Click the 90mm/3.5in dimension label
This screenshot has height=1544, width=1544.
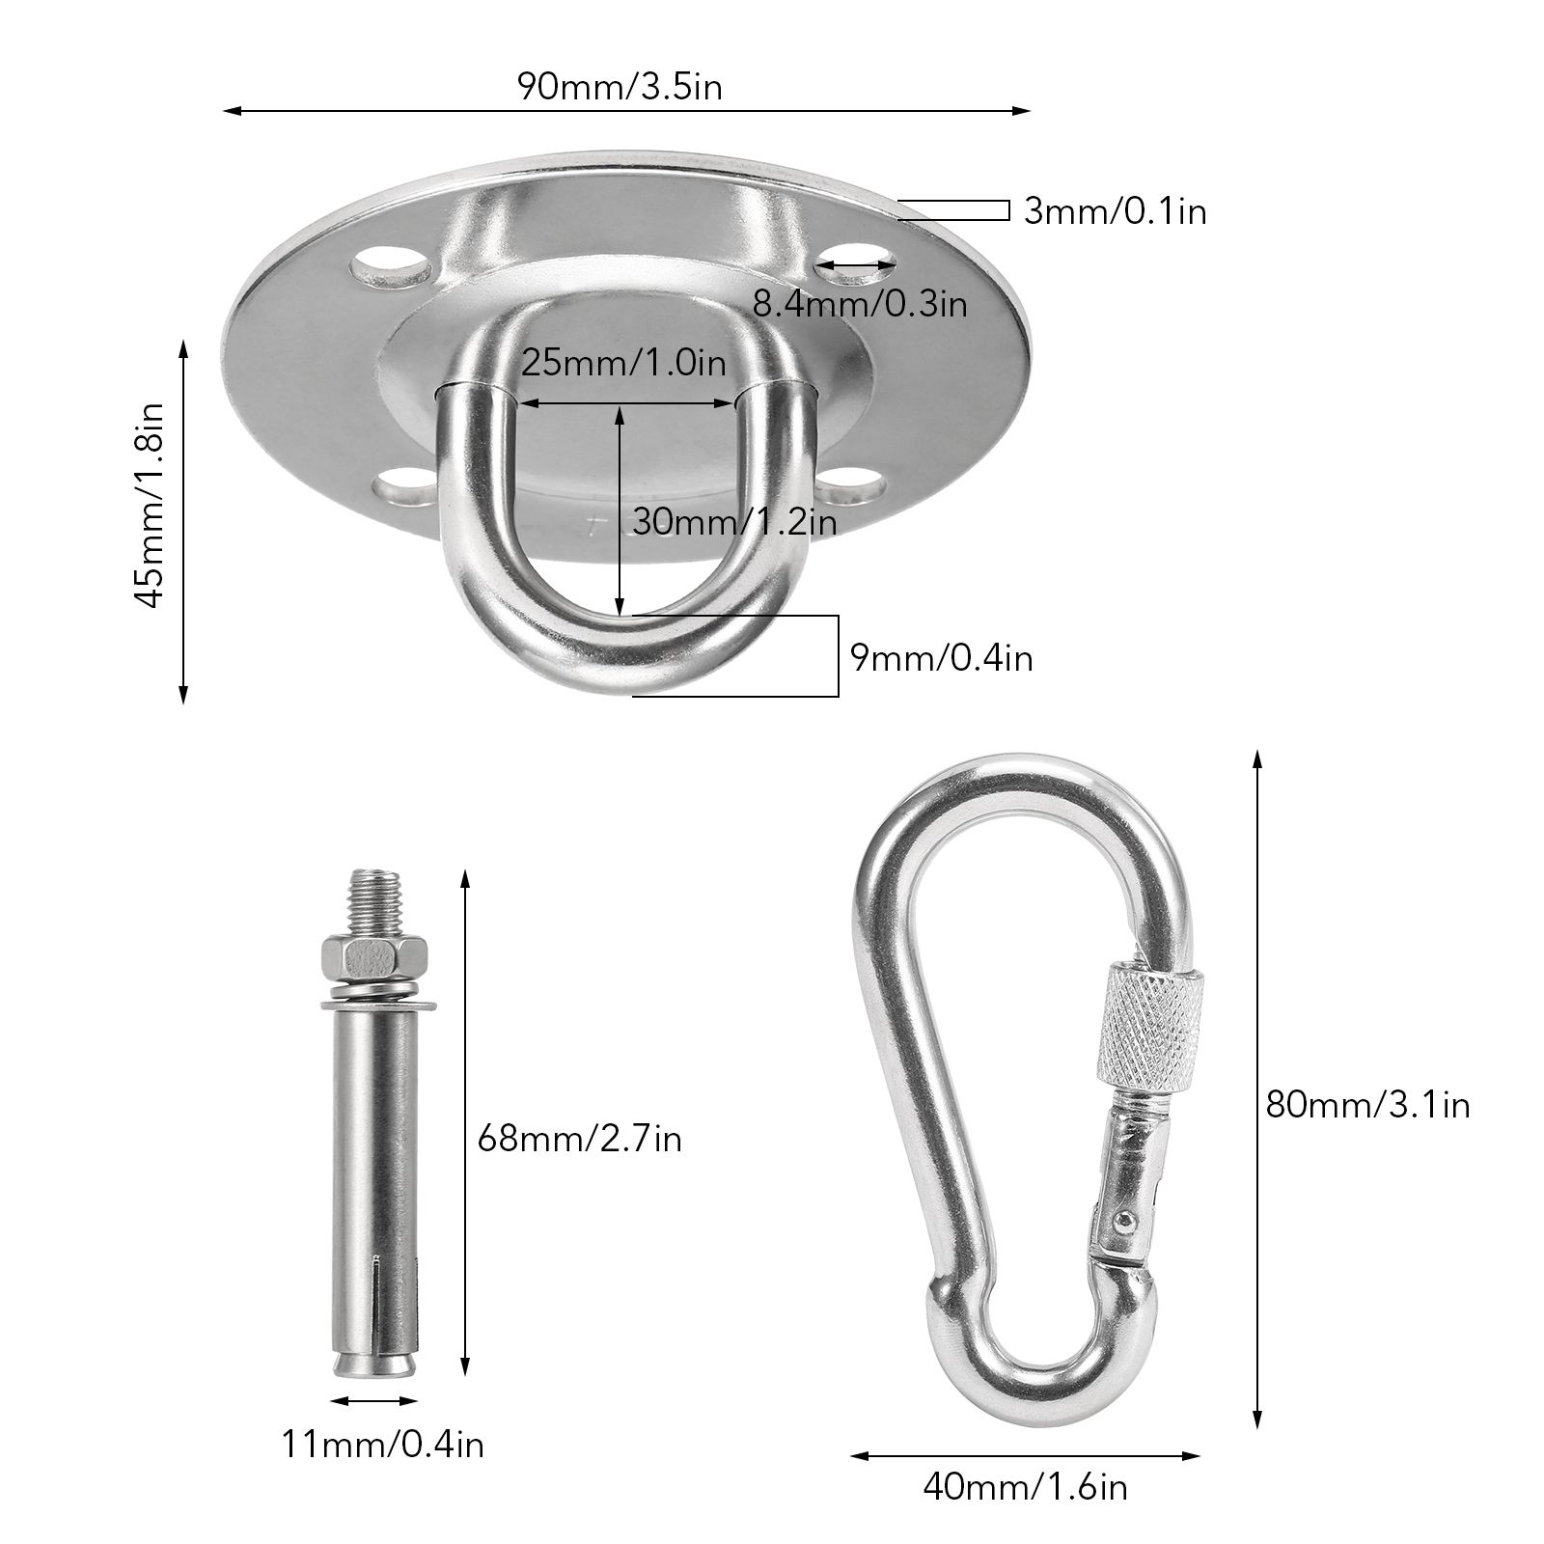tap(620, 87)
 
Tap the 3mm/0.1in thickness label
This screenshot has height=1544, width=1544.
tap(1115, 210)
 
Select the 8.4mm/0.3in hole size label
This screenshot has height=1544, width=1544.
tap(859, 305)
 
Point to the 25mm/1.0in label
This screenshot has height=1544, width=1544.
tap(623, 364)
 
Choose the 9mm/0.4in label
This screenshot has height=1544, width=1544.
tap(941, 657)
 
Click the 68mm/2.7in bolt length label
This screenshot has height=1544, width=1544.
tap(580, 1139)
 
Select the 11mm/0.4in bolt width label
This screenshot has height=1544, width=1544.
tap(383, 1444)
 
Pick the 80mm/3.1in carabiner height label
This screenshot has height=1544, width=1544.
tap(1368, 1104)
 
